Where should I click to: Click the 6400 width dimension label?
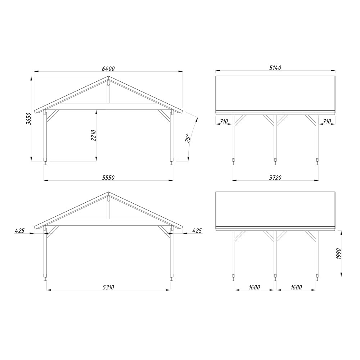(108, 68)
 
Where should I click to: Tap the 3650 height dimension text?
(28, 118)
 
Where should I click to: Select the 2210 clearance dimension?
(93, 135)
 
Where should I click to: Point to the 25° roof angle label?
(188, 138)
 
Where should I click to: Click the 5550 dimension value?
(108, 177)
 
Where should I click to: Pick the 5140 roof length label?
(275, 68)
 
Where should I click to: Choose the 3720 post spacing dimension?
(275, 177)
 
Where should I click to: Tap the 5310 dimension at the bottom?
(108, 287)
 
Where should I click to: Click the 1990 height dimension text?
(339, 253)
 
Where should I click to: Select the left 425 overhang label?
(20, 230)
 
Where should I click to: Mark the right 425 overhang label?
(197, 230)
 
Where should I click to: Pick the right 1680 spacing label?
(296, 287)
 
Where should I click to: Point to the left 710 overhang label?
(224, 121)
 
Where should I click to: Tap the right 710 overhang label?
(327, 121)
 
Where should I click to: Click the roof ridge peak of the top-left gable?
(108, 76)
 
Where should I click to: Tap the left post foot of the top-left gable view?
(45, 163)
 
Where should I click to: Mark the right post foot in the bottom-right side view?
(317, 278)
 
